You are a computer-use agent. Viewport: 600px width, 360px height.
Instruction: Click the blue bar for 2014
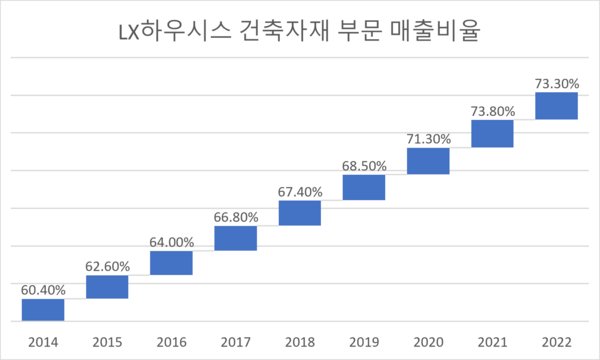coord(43,310)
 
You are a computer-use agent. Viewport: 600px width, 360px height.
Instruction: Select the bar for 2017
coord(235,238)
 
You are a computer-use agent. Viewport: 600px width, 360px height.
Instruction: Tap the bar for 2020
coord(428,161)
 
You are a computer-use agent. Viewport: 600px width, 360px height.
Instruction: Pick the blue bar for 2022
coord(556,105)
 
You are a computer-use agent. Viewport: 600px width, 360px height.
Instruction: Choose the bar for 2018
coord(299,213)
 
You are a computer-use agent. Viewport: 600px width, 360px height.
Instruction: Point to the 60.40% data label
coord(43,290)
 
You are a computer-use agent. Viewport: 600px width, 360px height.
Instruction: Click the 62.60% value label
coord(107,266)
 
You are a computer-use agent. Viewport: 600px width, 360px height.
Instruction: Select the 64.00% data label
coord(171,241)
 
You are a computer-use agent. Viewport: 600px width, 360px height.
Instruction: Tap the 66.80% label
coord(235,216)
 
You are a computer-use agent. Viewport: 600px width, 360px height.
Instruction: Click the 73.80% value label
coord(492,112)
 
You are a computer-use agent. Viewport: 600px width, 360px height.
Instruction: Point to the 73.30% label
coord(556,84)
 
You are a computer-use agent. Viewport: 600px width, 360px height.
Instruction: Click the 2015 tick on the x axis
coord(107,340)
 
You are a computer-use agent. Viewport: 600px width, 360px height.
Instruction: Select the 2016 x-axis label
coord(171,340)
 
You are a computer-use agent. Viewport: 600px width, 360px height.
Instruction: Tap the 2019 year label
coord(364,340)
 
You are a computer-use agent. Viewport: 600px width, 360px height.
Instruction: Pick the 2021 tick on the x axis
coord(492,340)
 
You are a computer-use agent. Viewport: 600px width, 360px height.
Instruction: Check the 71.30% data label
coord(428,140)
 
